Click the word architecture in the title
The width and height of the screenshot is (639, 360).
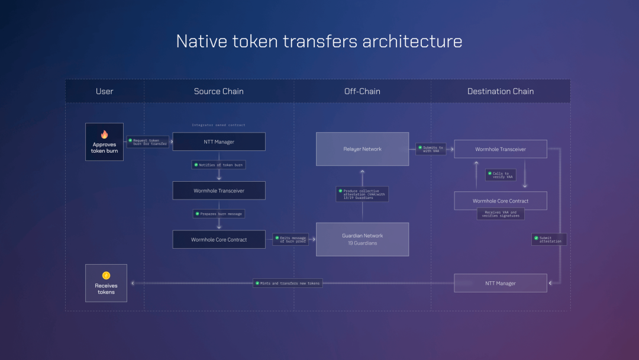(412, 41)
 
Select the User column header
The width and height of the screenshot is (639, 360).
(104, 91)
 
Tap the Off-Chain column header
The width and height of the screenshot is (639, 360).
(362, 91)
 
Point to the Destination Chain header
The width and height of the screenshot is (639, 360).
(501, 91)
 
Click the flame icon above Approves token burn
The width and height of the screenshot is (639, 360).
(105, 134)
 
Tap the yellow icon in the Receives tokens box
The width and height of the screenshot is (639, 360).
(106, 275)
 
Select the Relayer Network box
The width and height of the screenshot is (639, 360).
(362, 149)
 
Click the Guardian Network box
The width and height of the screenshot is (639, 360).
(362, 239)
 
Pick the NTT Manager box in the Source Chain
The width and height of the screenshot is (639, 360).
(219, 142)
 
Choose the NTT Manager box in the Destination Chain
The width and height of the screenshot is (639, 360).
(501, 283)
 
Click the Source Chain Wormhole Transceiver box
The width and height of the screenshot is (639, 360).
(219, 191)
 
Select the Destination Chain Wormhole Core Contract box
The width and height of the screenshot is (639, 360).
(501, 201)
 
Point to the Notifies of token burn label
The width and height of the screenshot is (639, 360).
(218, 165)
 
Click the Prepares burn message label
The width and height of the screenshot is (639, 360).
(218, 214)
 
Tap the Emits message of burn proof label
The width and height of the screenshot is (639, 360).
(291, 239)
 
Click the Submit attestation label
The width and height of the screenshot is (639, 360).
(549, 239)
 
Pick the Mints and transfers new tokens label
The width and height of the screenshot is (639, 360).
(288, 283)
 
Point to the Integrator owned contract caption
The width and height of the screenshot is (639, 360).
(218, 125)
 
